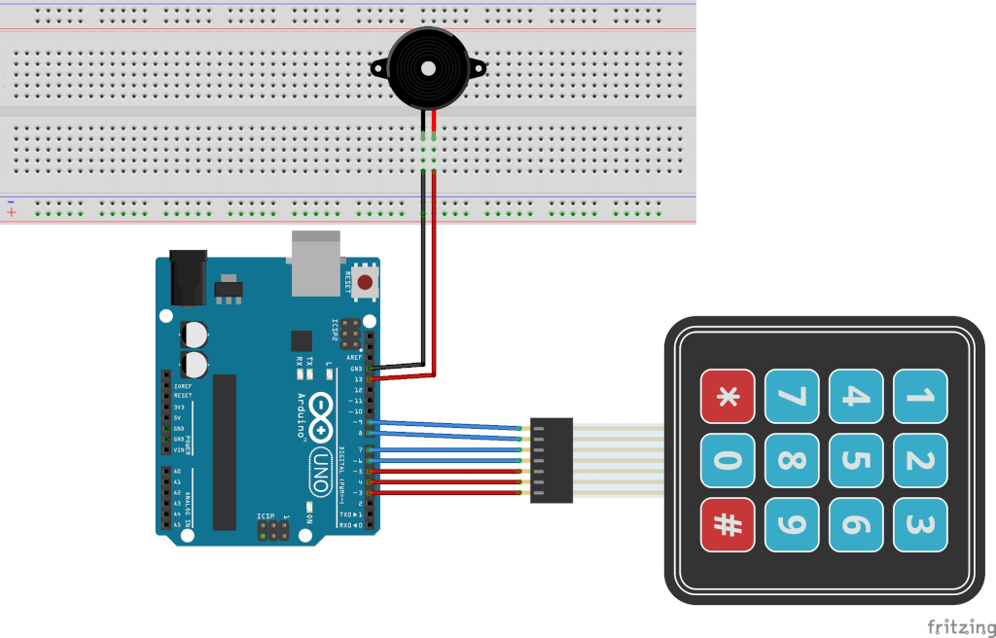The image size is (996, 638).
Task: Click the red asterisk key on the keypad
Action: (x=728, y=396)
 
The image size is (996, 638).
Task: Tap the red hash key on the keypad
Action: (x=728, y=524)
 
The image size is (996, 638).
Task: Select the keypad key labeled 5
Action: (x=856, y=460)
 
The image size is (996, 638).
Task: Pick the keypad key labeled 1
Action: (x=920, y=396)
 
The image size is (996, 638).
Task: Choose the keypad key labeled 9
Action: (x=792, y=524)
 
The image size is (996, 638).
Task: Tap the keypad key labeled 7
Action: (x=792, y=396)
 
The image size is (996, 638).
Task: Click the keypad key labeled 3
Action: (x=920, y=524)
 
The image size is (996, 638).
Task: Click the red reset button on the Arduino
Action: (x=366, y=283)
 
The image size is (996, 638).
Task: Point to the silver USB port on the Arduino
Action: (x=315, y=263)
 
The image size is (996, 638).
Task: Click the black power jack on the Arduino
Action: (x=189, y=278)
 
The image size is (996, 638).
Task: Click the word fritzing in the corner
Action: (x=959, y=626)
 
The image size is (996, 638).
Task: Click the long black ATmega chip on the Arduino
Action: (x=225, y=451)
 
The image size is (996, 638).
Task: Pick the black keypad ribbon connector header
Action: (x=551, y=460)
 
